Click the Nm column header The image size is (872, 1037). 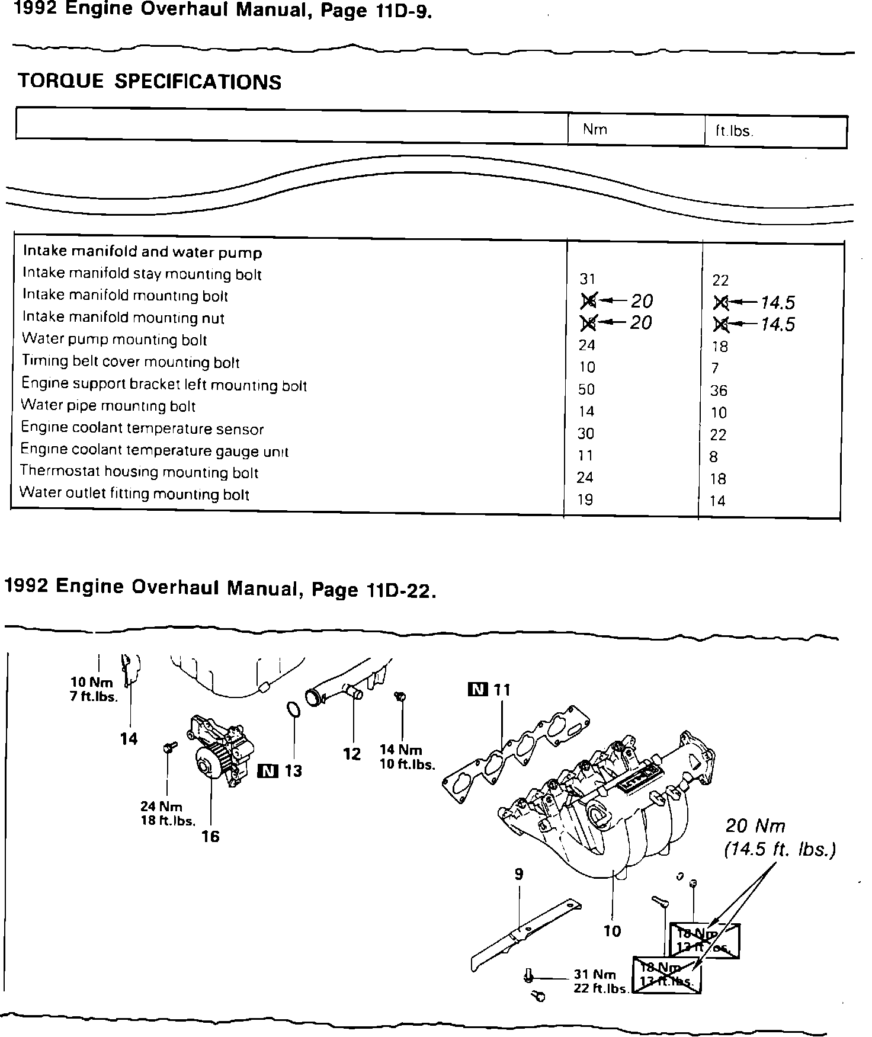595,130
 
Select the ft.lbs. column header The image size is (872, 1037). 734,131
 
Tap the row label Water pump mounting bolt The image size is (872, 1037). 114,340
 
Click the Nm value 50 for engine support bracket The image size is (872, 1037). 586,389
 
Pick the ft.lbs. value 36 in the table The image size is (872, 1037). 719,391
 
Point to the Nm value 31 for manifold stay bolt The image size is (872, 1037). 587,279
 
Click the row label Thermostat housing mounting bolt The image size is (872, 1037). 139,472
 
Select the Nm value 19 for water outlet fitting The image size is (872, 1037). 585,500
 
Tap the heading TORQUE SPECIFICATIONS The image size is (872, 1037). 150,81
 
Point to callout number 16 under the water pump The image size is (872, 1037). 210,836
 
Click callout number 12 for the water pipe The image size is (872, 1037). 352,754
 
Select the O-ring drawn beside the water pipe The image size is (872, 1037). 293,710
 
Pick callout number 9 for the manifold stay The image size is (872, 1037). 519,874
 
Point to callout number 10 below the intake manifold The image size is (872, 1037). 612,931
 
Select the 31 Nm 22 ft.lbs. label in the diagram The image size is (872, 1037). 600,981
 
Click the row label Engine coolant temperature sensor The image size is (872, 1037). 142,428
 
